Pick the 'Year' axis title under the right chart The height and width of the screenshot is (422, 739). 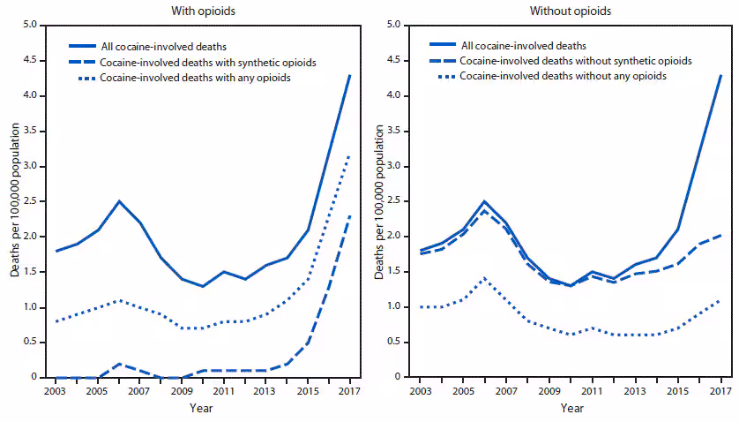tap(571, 408)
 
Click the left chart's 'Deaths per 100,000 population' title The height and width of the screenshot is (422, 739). tap(15, 201)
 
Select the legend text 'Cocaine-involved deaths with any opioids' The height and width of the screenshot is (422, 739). tap(196, 78)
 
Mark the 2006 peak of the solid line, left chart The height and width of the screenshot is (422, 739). tap(118, 201)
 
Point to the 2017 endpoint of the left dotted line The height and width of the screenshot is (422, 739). tap(350, 155)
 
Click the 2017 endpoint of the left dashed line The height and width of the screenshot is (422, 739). tap(350, 215)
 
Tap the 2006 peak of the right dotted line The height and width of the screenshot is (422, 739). tap(483, 278)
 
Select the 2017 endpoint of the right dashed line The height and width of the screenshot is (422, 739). tap(720, 235)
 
